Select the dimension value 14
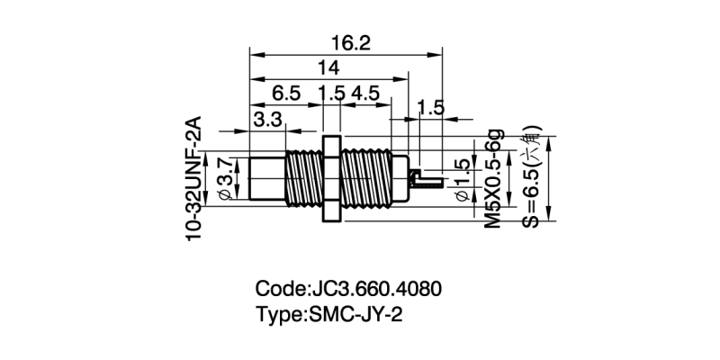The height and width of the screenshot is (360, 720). [x=328, y=68]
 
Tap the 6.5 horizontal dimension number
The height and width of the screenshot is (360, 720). [x=285, y=94]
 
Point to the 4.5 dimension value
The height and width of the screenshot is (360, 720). [x=365, y=94]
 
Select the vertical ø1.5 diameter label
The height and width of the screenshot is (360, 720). [x=462, y=180]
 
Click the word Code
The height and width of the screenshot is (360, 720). [x=280, y=291]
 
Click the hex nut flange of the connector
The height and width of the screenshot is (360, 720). [x=330, y=178]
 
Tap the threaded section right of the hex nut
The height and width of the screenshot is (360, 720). [x=370, y=178]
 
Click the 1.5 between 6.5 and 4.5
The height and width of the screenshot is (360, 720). [x=331, y=94]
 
